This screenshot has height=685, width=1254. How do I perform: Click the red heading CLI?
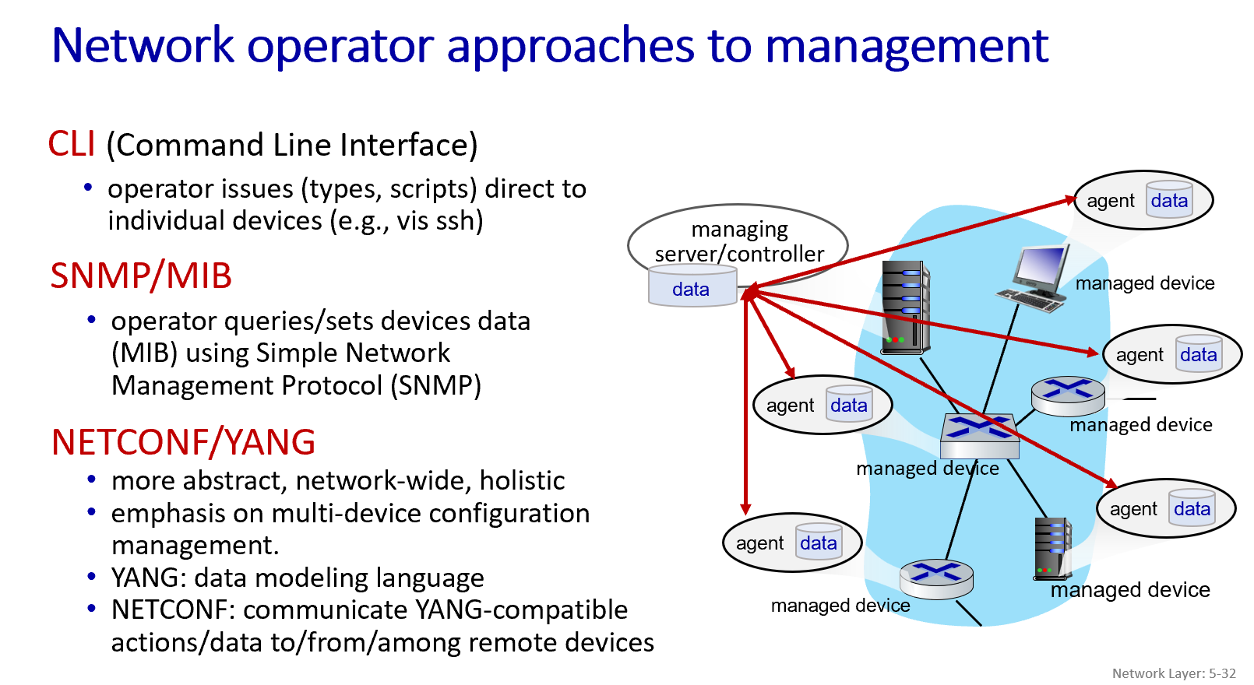[72, 144]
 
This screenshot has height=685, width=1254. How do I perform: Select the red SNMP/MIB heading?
[141, 276]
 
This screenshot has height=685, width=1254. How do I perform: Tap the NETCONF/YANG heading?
[183, 442]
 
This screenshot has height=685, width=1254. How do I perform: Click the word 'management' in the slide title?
[907, 46]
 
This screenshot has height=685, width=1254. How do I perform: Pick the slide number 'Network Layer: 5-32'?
[1174, 673]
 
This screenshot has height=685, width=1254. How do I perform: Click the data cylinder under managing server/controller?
[692, 286]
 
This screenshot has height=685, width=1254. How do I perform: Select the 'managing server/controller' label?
[739, 241]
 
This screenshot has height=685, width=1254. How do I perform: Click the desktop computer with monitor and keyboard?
[1034, 278]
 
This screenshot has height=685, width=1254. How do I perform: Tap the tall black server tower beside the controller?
[905, 307]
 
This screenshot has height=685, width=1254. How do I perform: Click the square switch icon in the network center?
[979, 435]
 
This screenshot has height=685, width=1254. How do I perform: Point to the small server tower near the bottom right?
[1052, 549]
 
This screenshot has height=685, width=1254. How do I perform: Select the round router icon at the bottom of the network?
[936, 578]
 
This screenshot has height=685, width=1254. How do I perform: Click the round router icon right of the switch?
[1068, 395]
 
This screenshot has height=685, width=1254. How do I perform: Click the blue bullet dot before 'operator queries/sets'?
[92, 319]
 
